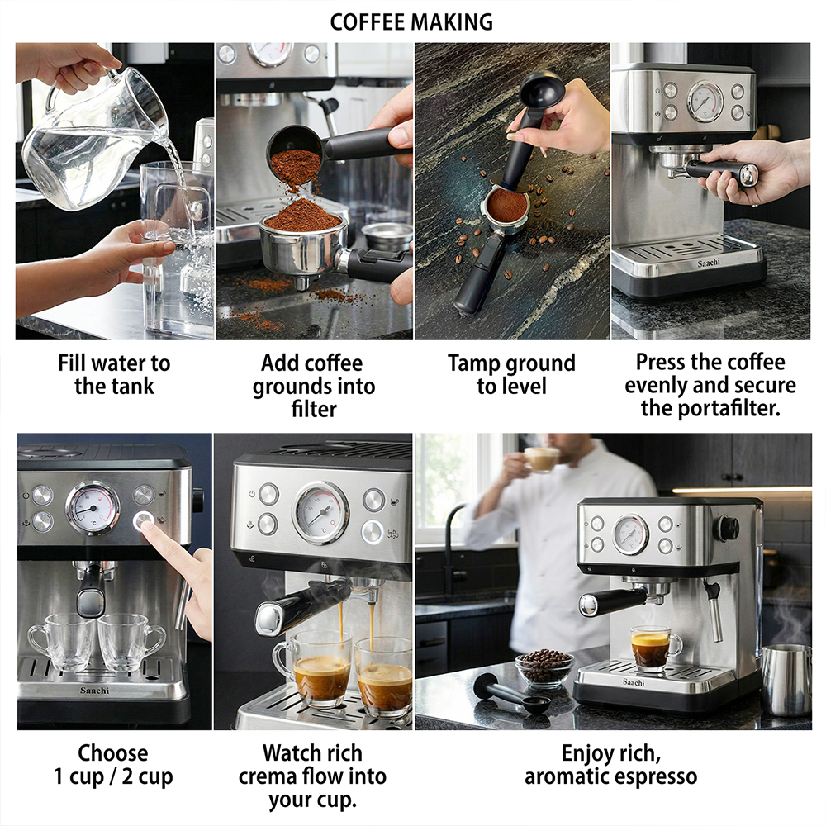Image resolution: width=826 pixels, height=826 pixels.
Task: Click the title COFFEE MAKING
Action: (411, 22)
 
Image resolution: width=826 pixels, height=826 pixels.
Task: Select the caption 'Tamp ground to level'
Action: (511, 374)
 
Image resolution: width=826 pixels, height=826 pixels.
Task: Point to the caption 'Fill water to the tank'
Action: (114, 374)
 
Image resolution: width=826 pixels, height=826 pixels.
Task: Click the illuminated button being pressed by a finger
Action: (143, 520)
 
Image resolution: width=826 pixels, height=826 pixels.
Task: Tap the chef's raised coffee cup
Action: (543, 458)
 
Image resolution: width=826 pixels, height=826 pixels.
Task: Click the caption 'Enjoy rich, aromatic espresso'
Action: (611, 764)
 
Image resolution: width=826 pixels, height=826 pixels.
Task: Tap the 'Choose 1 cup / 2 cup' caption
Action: (113, 764)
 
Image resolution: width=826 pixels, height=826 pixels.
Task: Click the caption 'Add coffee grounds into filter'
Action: (313, 386)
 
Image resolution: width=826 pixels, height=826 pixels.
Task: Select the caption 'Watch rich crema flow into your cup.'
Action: (312, 776)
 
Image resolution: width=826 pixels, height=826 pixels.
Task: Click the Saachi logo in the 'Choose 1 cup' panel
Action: (95, 690)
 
